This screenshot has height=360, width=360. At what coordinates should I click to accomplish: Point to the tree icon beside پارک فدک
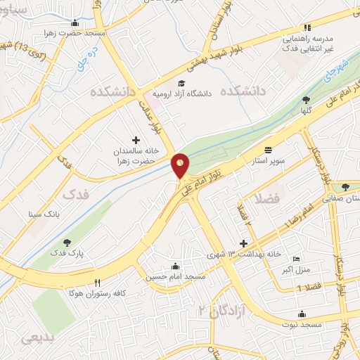tap(67, 243)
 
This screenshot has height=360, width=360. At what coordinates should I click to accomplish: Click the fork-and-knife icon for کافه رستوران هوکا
tap(97, 283)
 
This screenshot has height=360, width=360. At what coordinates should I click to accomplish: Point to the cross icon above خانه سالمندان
tap(136, 140)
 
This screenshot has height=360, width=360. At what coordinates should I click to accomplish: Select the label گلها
tap(305, 110)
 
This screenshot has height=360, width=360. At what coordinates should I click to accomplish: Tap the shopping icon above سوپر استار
tap(269, 150)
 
